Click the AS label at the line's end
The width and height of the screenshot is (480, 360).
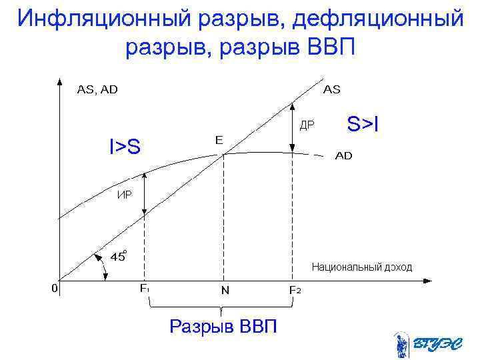point(332,90)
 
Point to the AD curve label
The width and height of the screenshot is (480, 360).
point(343,156)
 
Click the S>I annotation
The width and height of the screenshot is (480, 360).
point(363,123)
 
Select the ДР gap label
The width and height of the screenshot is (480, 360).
point(307,125)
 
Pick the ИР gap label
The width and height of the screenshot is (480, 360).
point(125,195)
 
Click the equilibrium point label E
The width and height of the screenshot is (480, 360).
point(219,140)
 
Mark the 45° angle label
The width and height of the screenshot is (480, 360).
point(119,256)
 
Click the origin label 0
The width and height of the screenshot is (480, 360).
point(55,288)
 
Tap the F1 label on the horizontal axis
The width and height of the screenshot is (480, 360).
point(145,289)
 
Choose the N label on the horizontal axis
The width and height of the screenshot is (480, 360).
point(225,291)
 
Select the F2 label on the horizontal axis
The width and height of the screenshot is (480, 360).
point(294,290)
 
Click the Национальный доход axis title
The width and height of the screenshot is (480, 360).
point(362,267)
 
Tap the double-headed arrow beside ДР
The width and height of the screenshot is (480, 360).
point(291,127)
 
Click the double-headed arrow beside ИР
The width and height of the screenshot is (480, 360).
point(145,194)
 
